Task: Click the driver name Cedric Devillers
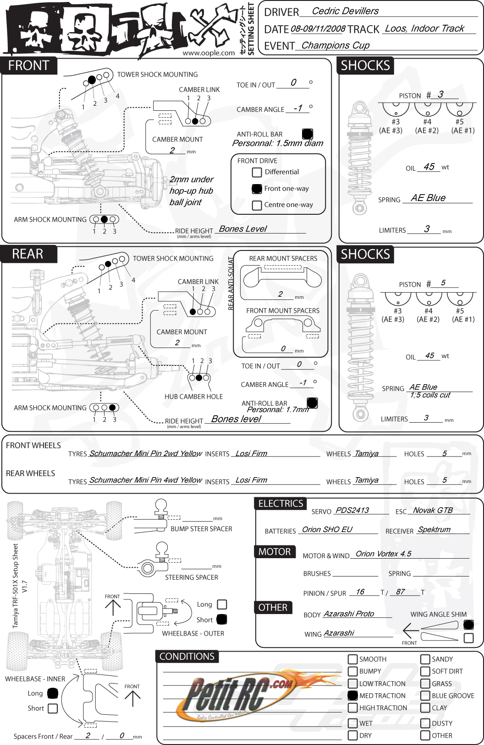[x=345, y=11]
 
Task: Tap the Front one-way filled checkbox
[x=257, y=189]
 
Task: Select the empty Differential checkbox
[x=257, y=172]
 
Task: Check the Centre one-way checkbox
[x=257, y=205]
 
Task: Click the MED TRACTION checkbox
[x=352, y=696]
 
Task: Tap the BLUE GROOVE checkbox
[x=425, y=696]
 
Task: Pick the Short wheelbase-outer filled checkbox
[x=222, y=620]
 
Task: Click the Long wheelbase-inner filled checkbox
[x=53, y=693]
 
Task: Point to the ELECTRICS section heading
[x=280, y=504]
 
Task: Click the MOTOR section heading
[x=275, y=552]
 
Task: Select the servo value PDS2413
[x=352, y=510]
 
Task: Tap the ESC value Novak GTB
[x=433, y=510]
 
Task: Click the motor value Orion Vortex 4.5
[x=383, y=554]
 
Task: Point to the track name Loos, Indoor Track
[x=424, y=28]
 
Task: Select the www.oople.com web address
[x=209, y=53]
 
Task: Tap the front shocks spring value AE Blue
[x=428, y=198]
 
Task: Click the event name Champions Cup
[x=335, y=45]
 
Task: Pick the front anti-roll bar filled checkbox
[x=308, y=134]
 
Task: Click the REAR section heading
[x=27, y=254]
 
